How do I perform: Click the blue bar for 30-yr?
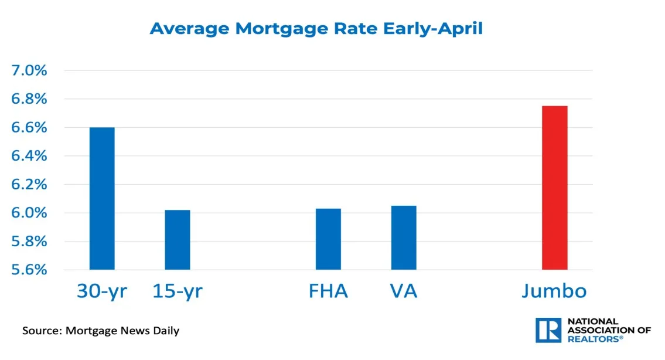point(102,198)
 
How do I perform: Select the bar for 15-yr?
point(178,239)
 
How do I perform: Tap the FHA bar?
point(328,239)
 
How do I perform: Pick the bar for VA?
point(404,237)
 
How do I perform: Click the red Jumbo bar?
point(554,188)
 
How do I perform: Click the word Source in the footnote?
point(41,331)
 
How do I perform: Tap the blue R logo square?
point(549,330)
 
